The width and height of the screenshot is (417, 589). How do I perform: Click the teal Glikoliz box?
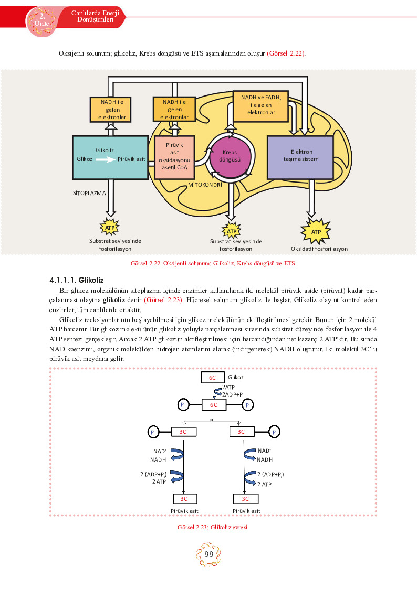[110, 157]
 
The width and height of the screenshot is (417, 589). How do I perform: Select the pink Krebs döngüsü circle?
[230, 156]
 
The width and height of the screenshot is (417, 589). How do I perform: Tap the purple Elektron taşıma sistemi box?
[300, 157]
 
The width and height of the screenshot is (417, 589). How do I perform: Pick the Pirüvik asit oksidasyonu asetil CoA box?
[174, 157]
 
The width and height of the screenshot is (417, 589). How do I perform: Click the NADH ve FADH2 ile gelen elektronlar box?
[260, 106]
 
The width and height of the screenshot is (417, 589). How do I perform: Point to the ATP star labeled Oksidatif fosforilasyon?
[316, 231]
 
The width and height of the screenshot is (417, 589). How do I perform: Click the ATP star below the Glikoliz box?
[110, 227]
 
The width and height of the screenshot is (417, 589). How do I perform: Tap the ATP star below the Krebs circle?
[232, 231]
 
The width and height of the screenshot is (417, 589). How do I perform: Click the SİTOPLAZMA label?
[89, 193]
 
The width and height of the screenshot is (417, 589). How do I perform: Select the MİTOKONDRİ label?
[205, 185]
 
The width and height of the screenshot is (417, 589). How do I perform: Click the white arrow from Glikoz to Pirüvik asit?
[105, 159]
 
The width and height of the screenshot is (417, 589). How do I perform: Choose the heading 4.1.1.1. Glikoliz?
[76, 280]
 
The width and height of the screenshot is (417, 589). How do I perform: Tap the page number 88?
[208, 554]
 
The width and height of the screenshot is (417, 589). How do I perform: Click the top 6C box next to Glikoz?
[213, 378]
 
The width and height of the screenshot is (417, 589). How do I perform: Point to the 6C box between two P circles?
[214, 405]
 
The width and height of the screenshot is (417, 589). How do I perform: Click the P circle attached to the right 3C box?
[274, 432]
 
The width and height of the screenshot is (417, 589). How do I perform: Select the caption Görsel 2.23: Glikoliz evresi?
[213, 527]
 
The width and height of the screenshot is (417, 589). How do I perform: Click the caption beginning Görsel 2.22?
[213, 263]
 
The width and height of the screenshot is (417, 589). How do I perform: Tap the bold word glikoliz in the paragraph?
[114, 300]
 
